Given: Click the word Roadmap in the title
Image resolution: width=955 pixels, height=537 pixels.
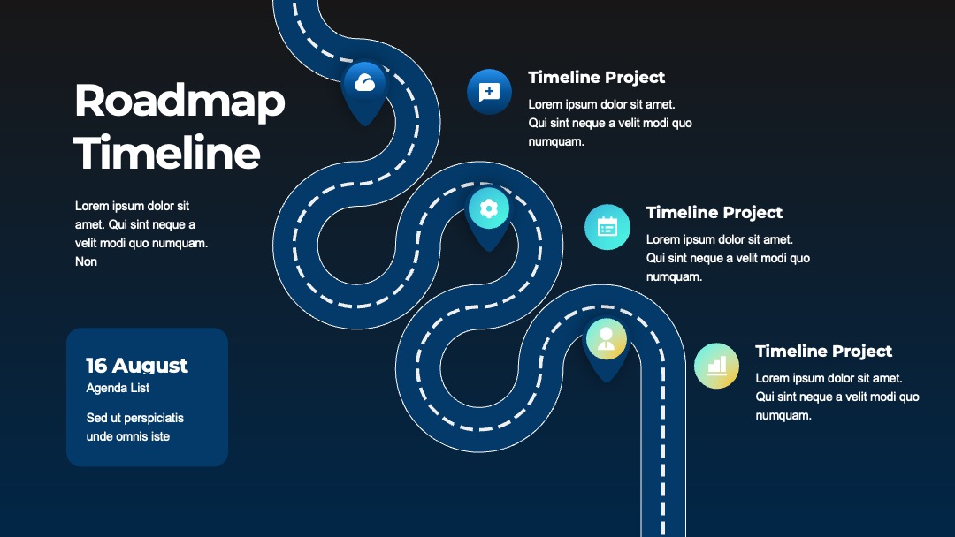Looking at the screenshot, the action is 180,102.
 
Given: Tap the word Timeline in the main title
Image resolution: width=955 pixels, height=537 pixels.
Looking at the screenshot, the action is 167,152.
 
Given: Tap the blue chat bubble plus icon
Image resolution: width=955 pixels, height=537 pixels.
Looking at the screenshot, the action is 489,92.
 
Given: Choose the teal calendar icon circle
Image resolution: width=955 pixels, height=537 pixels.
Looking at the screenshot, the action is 607,227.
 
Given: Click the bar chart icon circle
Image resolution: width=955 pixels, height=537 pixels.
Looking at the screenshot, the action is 717,366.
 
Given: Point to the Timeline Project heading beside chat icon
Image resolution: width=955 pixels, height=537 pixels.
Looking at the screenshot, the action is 596,77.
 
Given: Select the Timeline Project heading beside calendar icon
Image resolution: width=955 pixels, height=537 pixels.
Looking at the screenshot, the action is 714,212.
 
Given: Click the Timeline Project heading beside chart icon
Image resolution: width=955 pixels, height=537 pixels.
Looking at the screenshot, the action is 823,351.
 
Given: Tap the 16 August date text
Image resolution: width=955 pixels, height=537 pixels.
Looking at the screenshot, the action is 137,365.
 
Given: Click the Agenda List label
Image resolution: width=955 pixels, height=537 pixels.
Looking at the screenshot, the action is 118,388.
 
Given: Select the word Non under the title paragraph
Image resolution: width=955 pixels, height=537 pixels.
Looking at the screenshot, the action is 86,261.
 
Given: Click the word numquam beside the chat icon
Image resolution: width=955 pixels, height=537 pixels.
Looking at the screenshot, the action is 556,141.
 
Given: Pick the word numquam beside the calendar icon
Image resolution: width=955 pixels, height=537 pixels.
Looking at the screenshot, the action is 674,276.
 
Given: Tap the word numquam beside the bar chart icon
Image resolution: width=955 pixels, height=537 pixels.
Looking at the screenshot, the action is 783,415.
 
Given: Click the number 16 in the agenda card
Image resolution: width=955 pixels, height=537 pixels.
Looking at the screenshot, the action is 96,365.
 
